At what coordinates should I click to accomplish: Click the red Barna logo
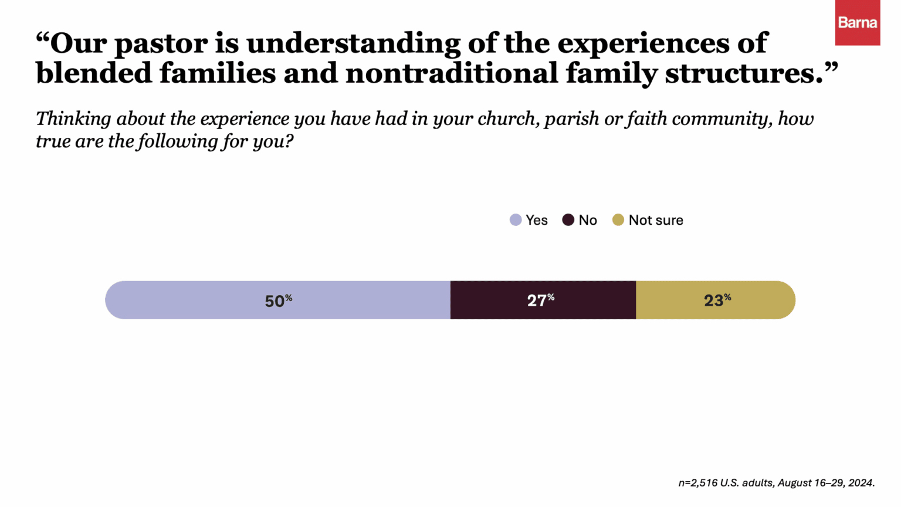tap(857, 23)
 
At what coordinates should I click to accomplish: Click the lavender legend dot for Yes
tap(516, 220)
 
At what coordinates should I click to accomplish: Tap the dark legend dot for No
tap(568, 220)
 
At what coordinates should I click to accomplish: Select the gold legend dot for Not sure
tap(618, 220)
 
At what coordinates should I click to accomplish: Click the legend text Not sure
tap(655, 220)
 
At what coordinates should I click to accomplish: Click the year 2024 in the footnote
tap(861, 483)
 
